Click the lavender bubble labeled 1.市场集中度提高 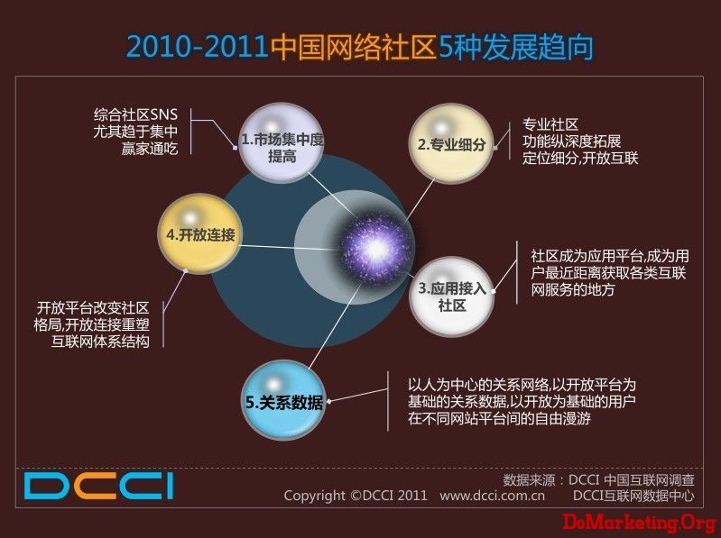click(x=281, y=143)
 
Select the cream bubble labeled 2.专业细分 click(x=450, y=143)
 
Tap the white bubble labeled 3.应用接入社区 click(x=451, y=296)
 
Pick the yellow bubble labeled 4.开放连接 click(x=199, y=234)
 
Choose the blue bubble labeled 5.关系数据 click(x=283, y=400)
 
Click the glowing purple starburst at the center click(x=375, y=249)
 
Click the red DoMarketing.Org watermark click(x=640, y=523)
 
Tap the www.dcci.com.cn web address click(x=492, y=496)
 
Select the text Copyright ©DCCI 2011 click(x=356, y=496)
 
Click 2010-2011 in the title click(x=198, y=47)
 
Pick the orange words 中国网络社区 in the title click(x=353, y=47)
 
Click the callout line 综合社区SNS click(x=135, y=114)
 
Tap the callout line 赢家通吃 click(x=150, y=149)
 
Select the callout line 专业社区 click(x=550, y=124)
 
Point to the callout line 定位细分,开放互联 click(x=580, y=158)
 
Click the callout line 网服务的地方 click(x=573, y=289)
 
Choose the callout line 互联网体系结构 click(x=100, y=342)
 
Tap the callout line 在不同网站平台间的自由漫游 click(x=499, y=418)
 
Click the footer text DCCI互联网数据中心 click(x=633, y=496)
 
